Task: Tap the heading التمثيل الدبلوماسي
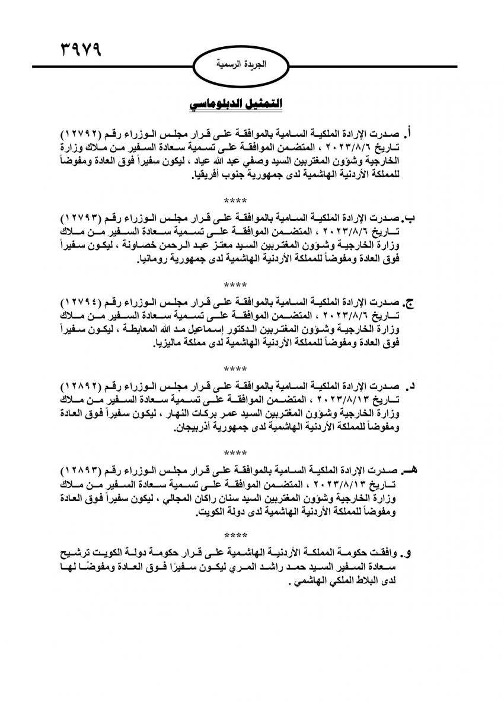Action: (235, 104)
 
